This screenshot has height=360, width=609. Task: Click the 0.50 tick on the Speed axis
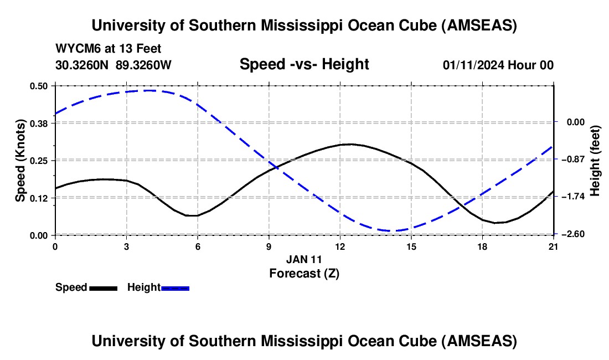(39, 86)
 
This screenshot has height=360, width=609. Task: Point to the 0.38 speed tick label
(39, 123)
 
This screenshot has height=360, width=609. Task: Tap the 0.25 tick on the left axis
(39, 160)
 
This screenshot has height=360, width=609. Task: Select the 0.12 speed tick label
(39, 198)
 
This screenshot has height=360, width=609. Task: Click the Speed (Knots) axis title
(20, 160)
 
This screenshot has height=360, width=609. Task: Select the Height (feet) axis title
(595, 160)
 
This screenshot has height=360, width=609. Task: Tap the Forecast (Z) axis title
(304, 273)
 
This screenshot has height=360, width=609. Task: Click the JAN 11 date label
(304, 259)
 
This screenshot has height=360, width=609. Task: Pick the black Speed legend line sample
(103, 287)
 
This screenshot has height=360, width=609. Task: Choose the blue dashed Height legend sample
(175, 287)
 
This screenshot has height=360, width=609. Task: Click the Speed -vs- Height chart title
(304, 64)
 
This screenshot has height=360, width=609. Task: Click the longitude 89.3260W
(144, 65)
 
